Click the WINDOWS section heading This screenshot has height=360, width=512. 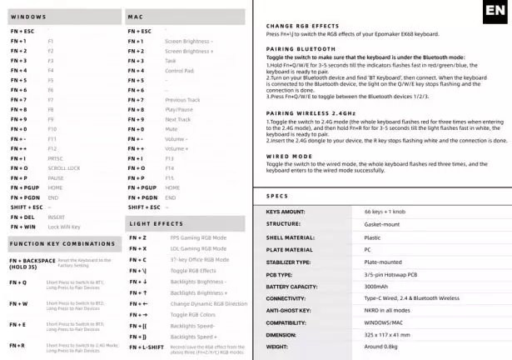click(28, 17)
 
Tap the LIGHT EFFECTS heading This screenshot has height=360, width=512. click(156, 224)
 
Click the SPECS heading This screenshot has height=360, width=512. click(277, 196)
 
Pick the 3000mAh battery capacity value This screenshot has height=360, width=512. click(375, 286)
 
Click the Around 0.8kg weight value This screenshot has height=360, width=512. click(382, 346)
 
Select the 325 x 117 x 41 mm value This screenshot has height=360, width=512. click(386, 334)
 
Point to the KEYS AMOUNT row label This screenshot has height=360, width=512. click(286, 212)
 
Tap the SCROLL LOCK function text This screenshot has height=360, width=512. click(63, 167)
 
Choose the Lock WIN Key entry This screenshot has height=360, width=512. click(64, 227)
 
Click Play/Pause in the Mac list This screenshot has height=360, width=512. click(179, 109)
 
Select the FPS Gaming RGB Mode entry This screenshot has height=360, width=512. click(198, 237)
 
